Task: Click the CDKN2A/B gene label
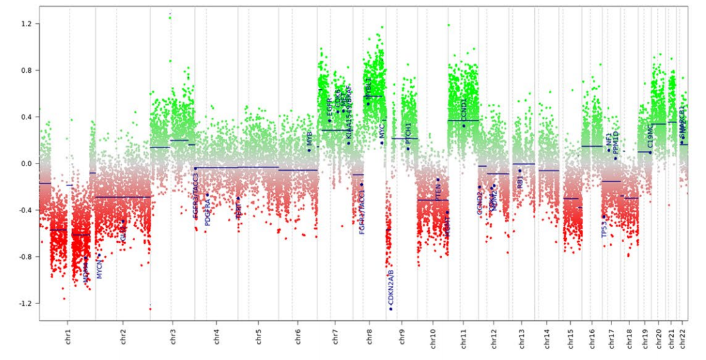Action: click(391, 287)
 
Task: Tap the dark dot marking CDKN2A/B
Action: click(390, 309)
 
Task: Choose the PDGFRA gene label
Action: click(207, 211)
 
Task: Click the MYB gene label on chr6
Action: click(309, 138)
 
